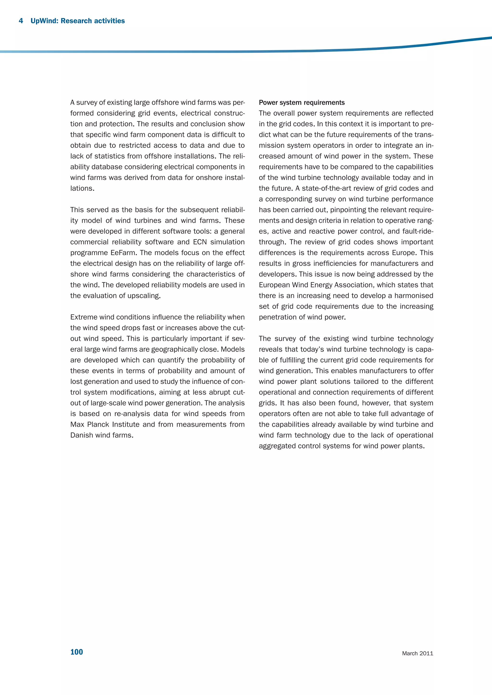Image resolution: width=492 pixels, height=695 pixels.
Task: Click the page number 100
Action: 76,652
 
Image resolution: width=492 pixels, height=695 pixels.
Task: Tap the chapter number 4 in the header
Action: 21,21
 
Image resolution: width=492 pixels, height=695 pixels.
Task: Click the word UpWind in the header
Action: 44,21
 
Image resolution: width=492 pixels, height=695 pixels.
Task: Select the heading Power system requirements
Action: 301,103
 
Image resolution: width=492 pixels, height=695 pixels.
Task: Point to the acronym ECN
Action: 200,242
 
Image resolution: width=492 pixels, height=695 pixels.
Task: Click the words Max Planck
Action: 90,424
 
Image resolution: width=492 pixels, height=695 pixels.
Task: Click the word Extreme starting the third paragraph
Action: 84,317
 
